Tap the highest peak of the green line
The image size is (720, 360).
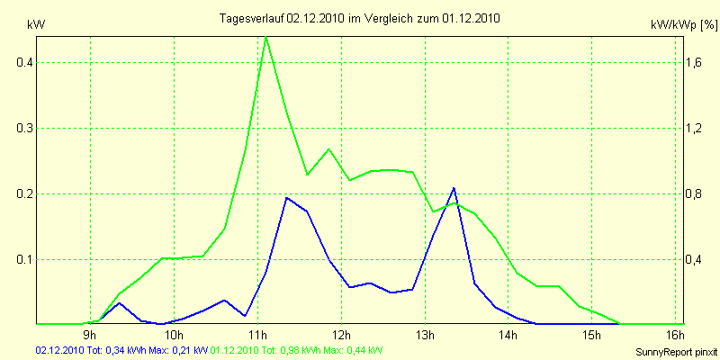tap(266, 37)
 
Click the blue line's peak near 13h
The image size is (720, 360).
tap(454, 188)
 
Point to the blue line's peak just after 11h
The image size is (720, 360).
tap(286, 197)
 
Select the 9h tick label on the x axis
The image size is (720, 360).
tap(89, 336)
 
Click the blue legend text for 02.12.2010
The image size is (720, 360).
tap(121, 350)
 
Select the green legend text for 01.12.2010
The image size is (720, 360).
tap(297, 350)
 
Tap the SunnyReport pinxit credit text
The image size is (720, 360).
tap(673, 350)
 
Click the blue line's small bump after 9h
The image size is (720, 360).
tap(121, 302)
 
